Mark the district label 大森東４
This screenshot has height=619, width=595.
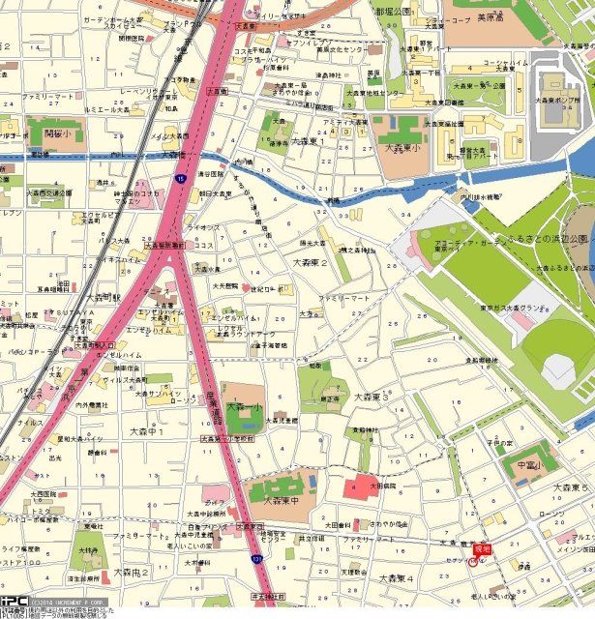[396, 577]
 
